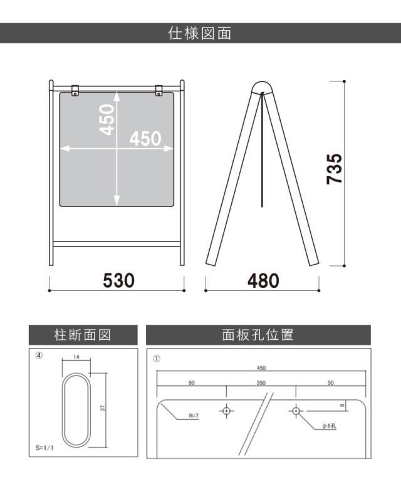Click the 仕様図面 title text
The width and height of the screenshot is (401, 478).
pyautogui.click(x=200, y=33)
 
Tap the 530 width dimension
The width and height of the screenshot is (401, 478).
pyautogui.click(x=118, y=280)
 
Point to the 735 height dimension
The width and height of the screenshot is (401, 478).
pyautogui.click(x=335, y=169)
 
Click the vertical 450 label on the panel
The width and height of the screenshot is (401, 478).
pyautogui.click(x=108, y=119)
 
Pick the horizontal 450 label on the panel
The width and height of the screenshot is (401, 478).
pyautogui.click(x=145, y=138)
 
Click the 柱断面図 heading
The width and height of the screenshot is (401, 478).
pyautogui.click(x=83, y=335)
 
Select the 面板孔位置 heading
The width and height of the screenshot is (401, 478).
pyautogui.click(x=258, y=335)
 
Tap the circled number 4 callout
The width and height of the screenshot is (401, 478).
pyautogui.click(x=39, y=355)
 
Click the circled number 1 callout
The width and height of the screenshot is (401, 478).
pyautogui.click(x=157, y=358)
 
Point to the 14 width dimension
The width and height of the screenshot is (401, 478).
pyautogui.click(x=76, y=357)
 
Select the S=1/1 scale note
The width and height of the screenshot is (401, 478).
pyautogui.click(x=44, y=449)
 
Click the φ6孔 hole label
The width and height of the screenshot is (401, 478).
pyautogui.click(x=330, y=426)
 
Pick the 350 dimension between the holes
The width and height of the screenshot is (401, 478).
pyautogui.click(x=261, y=382)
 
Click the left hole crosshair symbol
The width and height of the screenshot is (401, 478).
pyautogui.click(x=227, y=411)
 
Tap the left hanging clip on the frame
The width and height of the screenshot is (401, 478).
pyautogui.click(x=75, y=91)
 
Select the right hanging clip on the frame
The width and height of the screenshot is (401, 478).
pyautogui.click(x=159, y=91)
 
